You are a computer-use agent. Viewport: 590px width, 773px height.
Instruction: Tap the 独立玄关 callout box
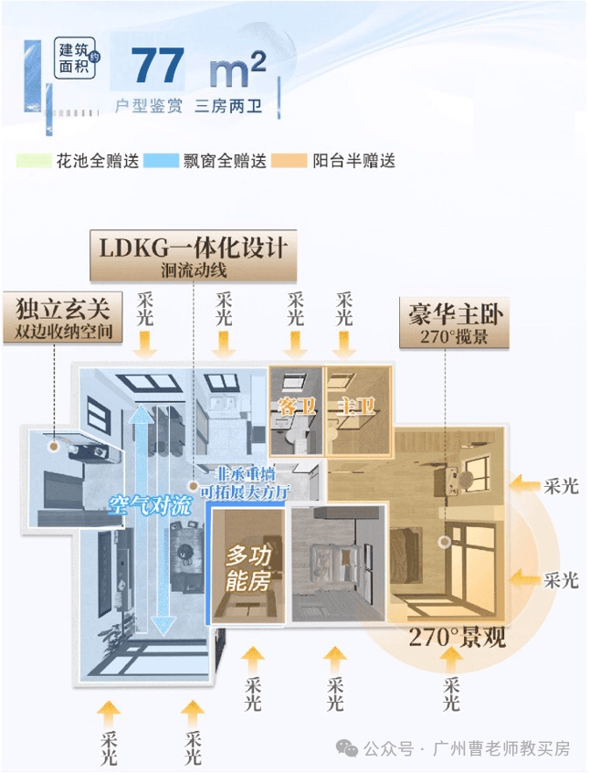(x=62, y=317)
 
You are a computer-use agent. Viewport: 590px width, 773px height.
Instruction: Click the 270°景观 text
(x=458, y=637)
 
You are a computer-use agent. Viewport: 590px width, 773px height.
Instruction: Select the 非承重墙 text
(x=246, y=474)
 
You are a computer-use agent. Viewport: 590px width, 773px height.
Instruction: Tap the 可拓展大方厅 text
(x=244, y=492)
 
